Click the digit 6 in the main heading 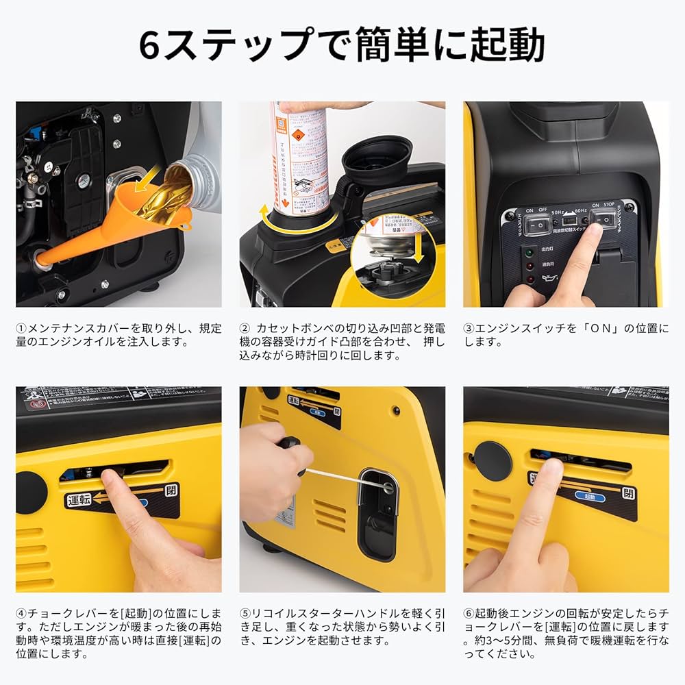point(151,46)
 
